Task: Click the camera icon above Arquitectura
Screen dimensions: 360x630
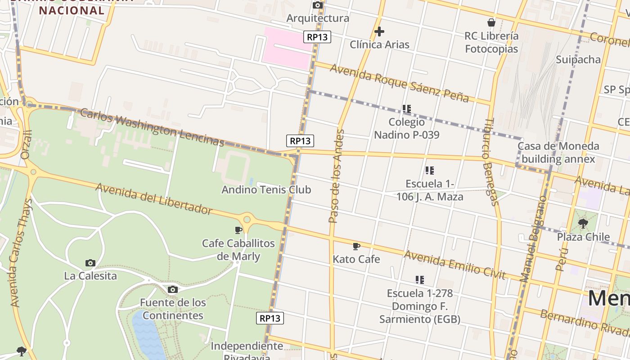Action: [x=318, y=5]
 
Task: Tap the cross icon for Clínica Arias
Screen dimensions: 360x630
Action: [x=379, y=31]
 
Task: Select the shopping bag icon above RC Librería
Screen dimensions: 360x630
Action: [x=491, y=22]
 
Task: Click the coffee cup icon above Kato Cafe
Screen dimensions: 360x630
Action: [x=356, y=246]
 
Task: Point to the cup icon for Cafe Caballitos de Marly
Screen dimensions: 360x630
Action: [x=238, y=230]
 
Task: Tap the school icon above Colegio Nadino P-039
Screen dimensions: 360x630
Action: [x=407, y=109]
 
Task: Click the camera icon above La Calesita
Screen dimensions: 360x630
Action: [x=90, y=263]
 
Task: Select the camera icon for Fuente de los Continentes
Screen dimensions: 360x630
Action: [x=173, y=289]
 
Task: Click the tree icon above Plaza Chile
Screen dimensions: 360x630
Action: [x=583, y=223]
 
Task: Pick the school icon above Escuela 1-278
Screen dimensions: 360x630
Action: [x=420, y=280]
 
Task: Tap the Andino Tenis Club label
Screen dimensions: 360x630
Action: [x=266, y=189]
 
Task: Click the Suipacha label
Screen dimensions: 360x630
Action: [x=578, y=59]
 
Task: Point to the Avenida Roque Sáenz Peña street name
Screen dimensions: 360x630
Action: [x=399, y=83]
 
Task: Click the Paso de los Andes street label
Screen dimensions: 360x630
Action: [x=336, y=176]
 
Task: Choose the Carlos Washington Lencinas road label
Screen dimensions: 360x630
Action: [x=152, y=127]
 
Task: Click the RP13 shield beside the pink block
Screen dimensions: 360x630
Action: [x=317, y=37]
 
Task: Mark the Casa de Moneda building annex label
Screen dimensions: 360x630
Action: [x=558, y=153]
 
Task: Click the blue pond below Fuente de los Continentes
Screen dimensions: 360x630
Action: [x=148, y=335]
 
